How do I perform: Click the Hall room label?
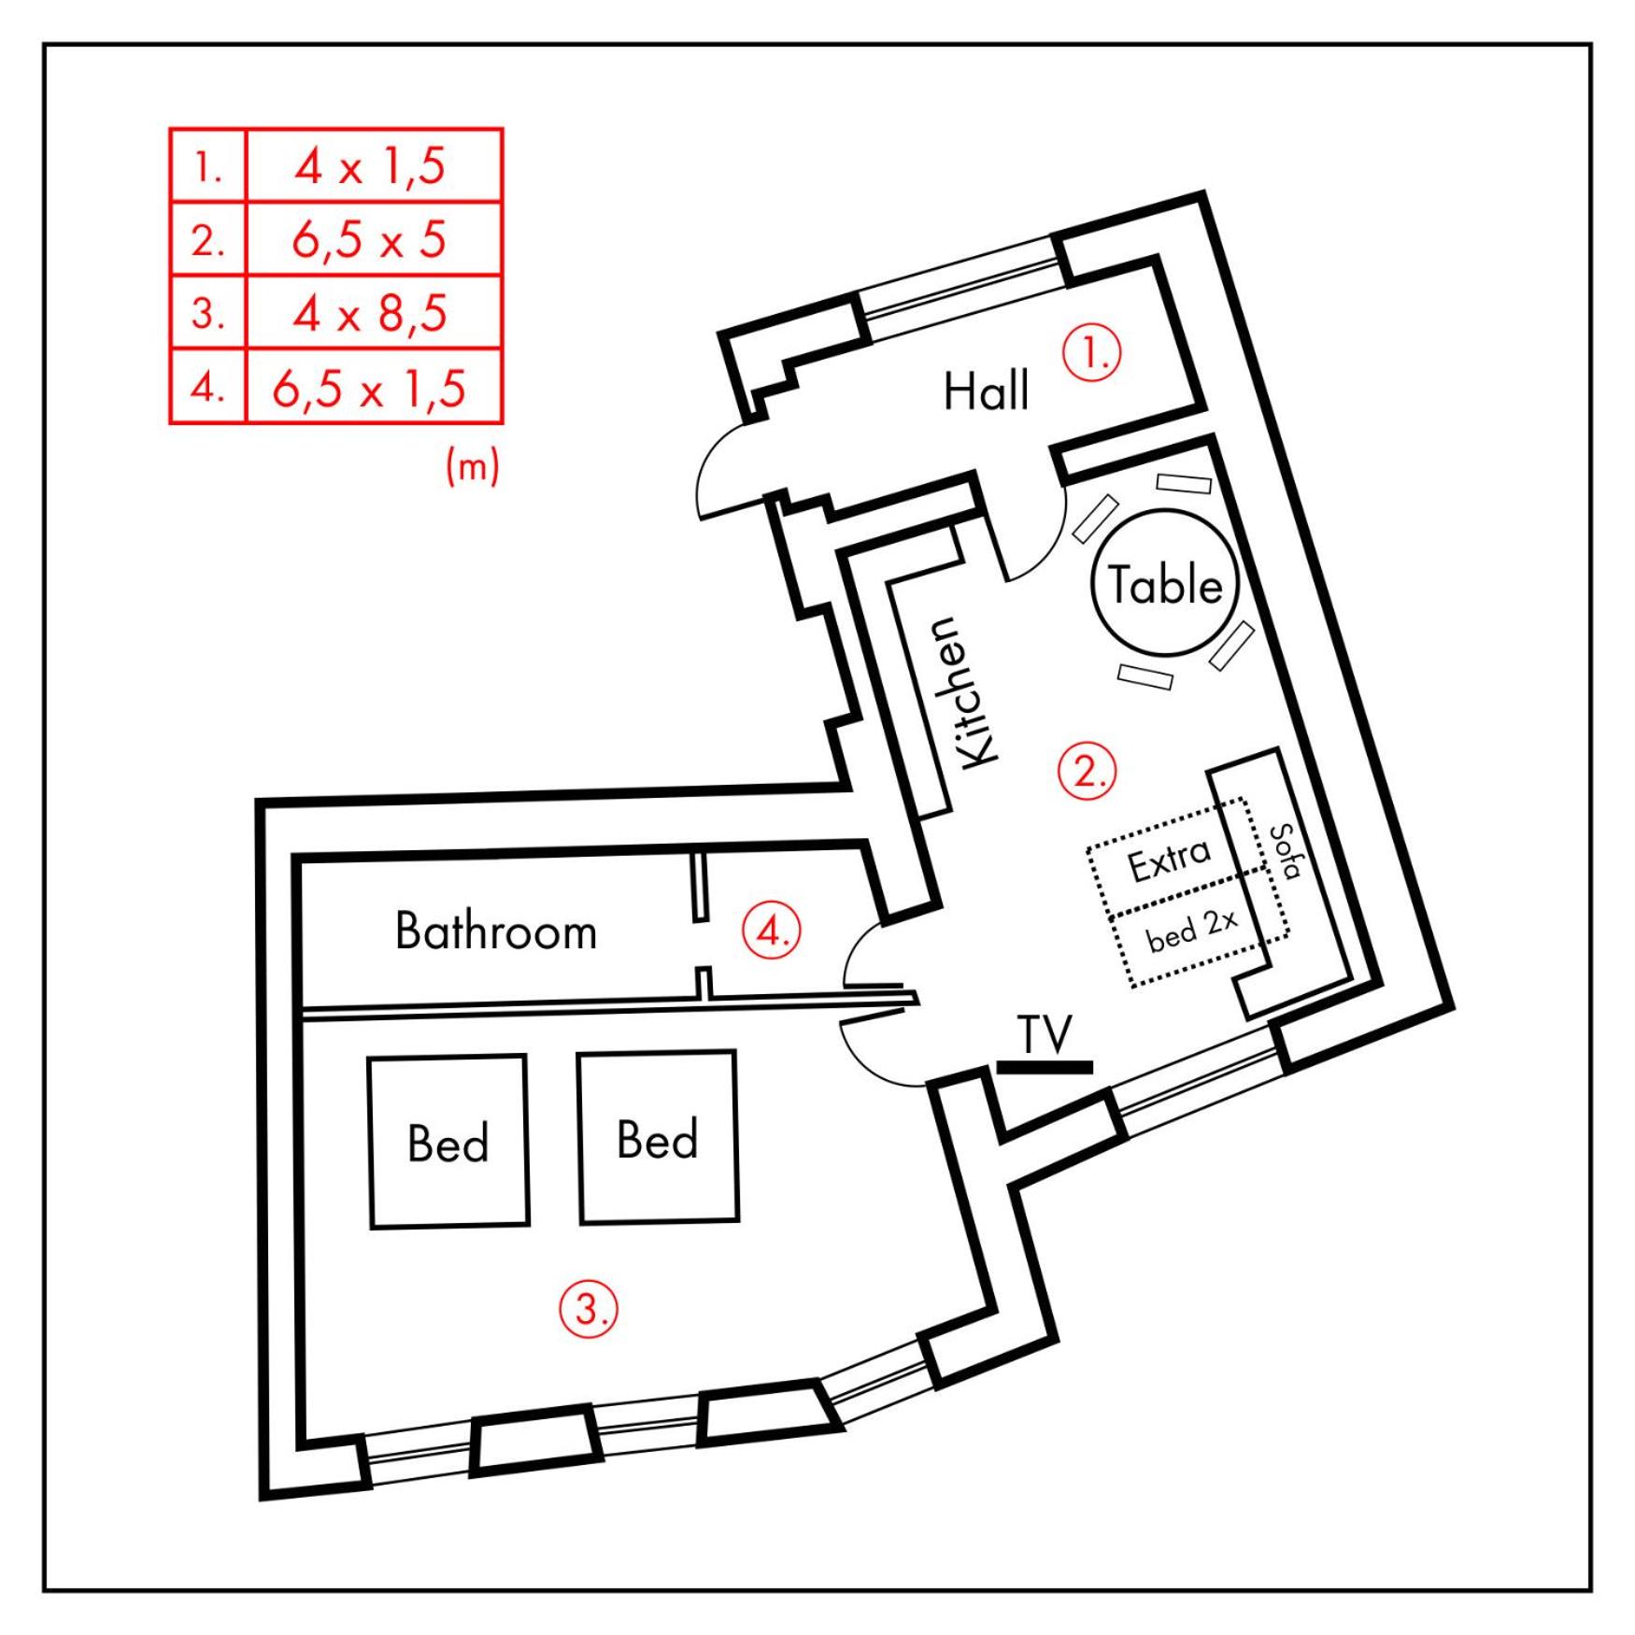click(986, 391)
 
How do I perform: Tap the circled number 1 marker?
click(1092, 352)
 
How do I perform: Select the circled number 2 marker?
click(1087, 771)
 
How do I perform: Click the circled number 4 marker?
click(773, 931)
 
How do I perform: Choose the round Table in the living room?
click(1164, 583)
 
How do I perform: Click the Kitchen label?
click(957, 692)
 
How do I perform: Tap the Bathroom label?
click(495, 931)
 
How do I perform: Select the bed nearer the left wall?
click(448, 1142)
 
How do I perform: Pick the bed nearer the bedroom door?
click(658, 1137)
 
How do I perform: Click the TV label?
click(1045, 1035)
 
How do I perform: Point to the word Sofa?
click(1287, 851)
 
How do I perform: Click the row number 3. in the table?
click(207, 313)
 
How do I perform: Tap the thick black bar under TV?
click(1045, 1067)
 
